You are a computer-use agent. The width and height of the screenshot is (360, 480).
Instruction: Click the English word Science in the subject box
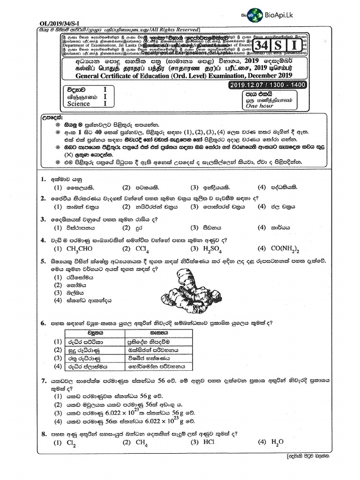click(x=78, y=104)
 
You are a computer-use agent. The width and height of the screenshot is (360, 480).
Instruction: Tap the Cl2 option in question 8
click(x=71, y=442)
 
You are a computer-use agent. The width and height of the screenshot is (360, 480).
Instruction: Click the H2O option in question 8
click(x=277, y=442)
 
